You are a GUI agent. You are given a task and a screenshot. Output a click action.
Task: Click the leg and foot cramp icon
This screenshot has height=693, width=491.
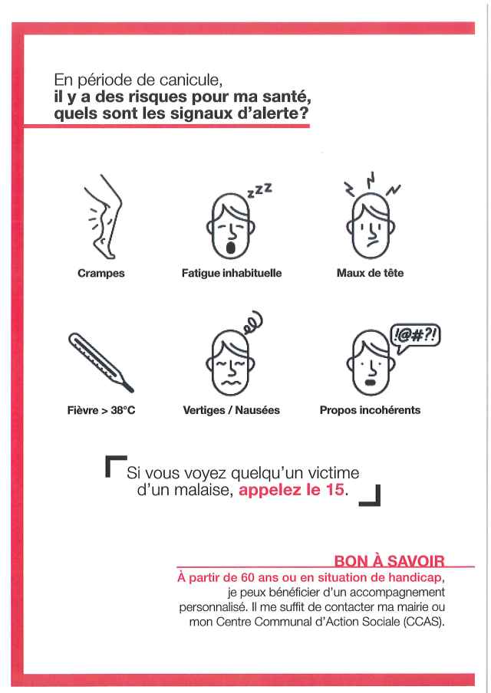[103, 218]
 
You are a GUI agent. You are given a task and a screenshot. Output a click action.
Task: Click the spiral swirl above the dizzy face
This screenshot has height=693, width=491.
[253, 322]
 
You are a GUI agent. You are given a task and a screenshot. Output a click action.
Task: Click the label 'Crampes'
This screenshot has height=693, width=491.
[101, 274]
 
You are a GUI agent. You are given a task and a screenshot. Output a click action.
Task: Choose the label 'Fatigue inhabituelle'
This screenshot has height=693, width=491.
[232, 274]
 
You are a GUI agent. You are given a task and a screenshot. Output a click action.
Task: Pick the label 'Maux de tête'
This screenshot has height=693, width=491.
[370, 274]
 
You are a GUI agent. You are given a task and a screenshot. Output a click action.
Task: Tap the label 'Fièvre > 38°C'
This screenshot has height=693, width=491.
[101, 410]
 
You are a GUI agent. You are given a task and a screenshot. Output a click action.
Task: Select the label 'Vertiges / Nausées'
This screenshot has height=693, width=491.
[232, 410]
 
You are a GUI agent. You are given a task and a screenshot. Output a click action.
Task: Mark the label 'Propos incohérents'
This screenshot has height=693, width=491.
[370, 410]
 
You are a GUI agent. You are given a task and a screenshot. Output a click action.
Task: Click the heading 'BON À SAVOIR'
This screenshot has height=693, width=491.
[389, 562]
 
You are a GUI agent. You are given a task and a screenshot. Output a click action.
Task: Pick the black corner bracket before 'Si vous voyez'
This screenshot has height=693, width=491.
[115, 466]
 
